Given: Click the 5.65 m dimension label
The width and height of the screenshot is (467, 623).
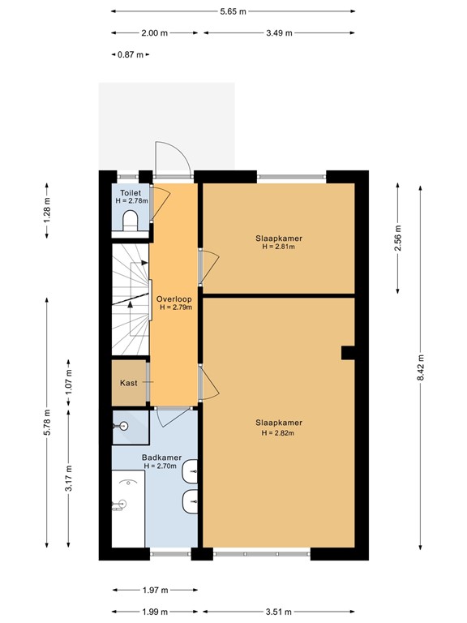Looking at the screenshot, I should click(x=233, y=11).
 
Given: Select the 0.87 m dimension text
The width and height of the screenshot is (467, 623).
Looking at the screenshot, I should click(x=130, y=54).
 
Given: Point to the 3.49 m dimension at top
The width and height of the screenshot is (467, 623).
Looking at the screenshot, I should click(x=279, y=33).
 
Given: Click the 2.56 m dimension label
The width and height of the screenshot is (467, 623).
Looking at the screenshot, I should click(x=397, y=238).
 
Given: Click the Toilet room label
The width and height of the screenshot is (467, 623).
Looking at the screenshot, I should click(x=130, y=193).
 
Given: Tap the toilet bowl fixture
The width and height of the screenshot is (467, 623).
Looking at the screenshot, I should click(x=130, y=220).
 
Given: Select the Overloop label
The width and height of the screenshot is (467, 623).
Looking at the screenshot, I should click(x=174, y=299).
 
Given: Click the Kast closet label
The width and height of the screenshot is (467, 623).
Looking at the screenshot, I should click(x=128, y=382).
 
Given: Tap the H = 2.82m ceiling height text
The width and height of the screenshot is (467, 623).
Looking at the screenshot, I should click(x=278, y=433).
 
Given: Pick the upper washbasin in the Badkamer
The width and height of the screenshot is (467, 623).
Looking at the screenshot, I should click(x=191, y=470).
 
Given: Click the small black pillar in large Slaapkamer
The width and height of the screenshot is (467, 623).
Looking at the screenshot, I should click(x=347, y=351).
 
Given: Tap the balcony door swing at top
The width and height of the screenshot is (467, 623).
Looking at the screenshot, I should click(x=173, y=159).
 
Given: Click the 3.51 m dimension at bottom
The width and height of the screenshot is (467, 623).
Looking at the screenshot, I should click(x=279, y=612).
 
